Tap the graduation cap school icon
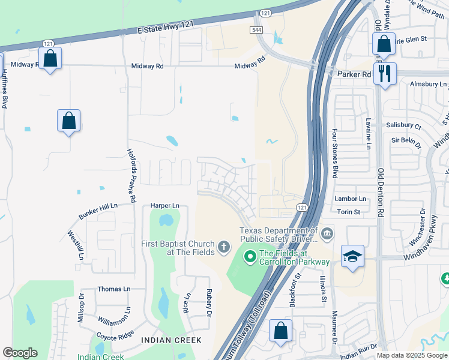(352, 256)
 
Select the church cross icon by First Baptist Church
(224, 247)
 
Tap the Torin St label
(348, 212)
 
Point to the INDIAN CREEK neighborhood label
(171, 340)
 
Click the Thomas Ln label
(113, 289)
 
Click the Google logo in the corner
(20, 352)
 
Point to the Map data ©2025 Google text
(412, 355)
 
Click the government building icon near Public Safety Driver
(327, 233)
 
